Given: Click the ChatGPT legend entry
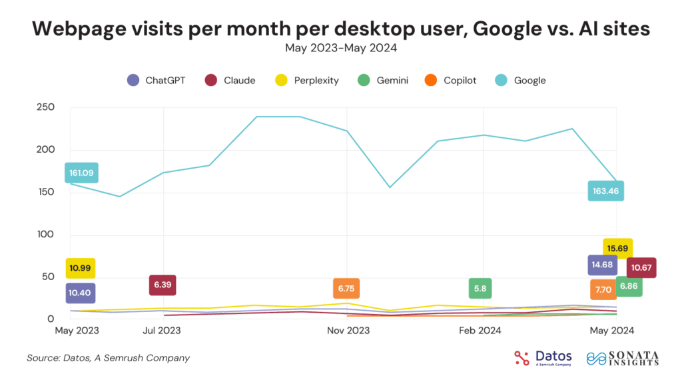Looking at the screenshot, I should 157,80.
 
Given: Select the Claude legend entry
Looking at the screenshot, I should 232,80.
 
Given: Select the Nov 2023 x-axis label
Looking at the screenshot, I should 348,330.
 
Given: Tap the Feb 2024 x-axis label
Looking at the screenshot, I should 480,330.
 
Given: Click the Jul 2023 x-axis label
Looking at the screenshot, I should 163,330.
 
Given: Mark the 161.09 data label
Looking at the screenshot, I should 81,173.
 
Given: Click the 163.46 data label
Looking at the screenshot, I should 605,191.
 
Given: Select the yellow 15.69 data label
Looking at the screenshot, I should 617,249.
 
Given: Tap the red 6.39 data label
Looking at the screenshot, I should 163,285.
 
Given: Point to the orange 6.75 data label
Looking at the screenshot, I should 346,288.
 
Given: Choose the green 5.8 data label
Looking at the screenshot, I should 480,288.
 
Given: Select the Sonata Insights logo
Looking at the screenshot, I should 623,358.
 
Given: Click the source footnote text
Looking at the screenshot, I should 108,358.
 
